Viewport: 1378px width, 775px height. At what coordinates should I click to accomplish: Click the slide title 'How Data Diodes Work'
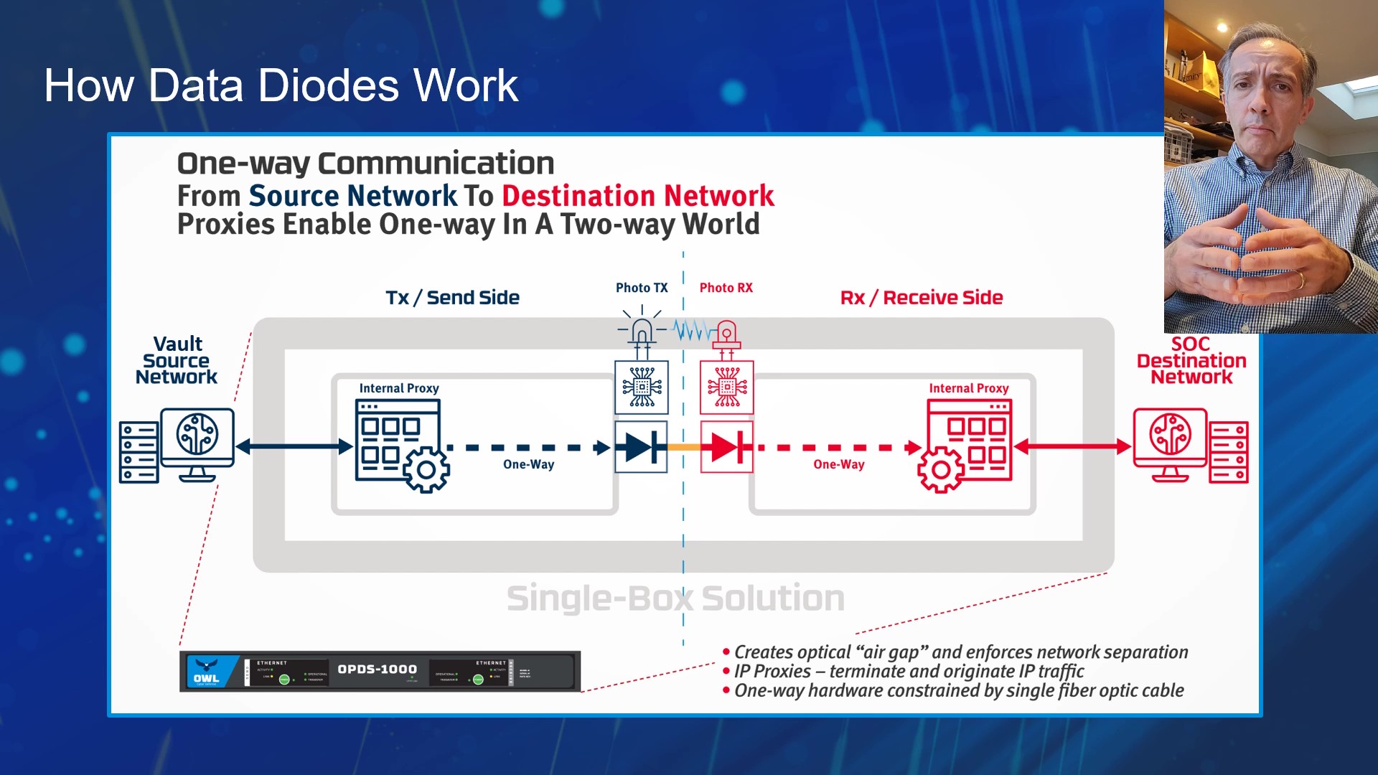coord(281,85)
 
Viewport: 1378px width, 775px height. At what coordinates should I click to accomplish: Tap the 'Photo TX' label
coord(642,288)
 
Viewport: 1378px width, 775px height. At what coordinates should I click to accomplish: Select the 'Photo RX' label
coord(726,288)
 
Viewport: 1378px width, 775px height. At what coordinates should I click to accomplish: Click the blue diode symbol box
coord(641,447)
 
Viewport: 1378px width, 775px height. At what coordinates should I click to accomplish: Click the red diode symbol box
coord(726,447)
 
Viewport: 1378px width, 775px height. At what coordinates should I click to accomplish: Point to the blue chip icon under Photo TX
coord(642,387)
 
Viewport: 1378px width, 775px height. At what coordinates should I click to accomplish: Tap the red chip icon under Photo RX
coord(727,387)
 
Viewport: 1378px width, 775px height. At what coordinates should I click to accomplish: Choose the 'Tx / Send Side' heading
coord(452,298)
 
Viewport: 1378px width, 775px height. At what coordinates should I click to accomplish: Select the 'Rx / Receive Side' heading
coord(922,298)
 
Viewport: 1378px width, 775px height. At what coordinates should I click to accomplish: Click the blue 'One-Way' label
coord(528,464)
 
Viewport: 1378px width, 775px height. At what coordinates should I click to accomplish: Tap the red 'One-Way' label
coord(838,464)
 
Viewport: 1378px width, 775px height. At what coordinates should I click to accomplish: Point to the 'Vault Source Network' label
coord(177,360)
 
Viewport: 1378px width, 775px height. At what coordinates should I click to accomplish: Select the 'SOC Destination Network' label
coord(1191,360)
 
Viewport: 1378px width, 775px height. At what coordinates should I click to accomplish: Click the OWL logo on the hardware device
coord(207,672)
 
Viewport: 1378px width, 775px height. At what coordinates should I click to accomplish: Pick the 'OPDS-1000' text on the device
coord(377,669)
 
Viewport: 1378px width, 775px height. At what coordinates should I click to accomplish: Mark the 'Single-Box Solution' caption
coord(675,598)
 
